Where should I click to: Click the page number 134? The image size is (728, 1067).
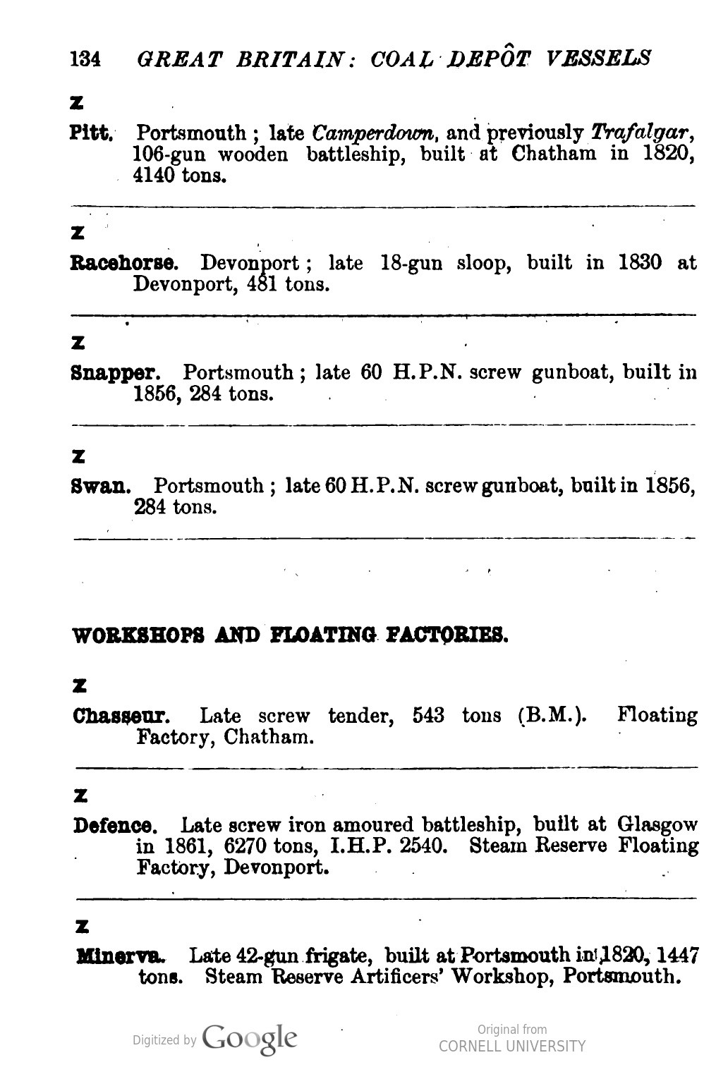pos(85,58)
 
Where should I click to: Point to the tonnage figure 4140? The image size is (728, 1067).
pos(154,176)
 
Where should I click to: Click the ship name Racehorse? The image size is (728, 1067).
pos(124,264)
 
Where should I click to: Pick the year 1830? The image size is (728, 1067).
pos(639,263)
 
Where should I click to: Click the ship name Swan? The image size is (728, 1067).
pos(102,486)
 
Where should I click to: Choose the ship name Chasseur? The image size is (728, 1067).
pos(121,717)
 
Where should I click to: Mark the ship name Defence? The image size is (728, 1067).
pos(116,825)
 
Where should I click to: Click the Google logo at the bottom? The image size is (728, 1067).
pos(250,1039)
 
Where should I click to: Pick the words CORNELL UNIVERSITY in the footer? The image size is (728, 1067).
pos(511,1047)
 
